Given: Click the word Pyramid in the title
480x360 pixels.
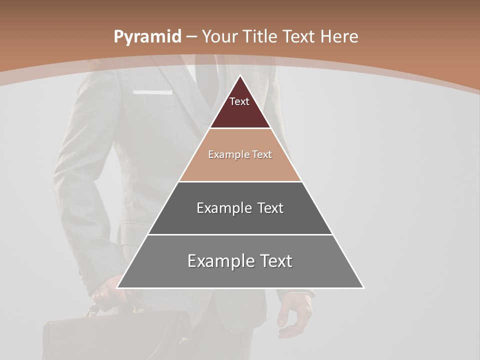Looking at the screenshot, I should click(x=147, y=36).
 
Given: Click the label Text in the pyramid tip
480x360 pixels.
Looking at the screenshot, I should click(x=239, y=101).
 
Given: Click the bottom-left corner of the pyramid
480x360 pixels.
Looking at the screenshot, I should click(x=117, y=287).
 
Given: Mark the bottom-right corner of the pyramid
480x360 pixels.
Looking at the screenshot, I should click(x=363, y=287).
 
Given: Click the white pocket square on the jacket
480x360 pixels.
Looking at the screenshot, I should click(x=152, y=92).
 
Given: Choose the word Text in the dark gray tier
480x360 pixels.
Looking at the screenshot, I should click(x=269, y=208).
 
